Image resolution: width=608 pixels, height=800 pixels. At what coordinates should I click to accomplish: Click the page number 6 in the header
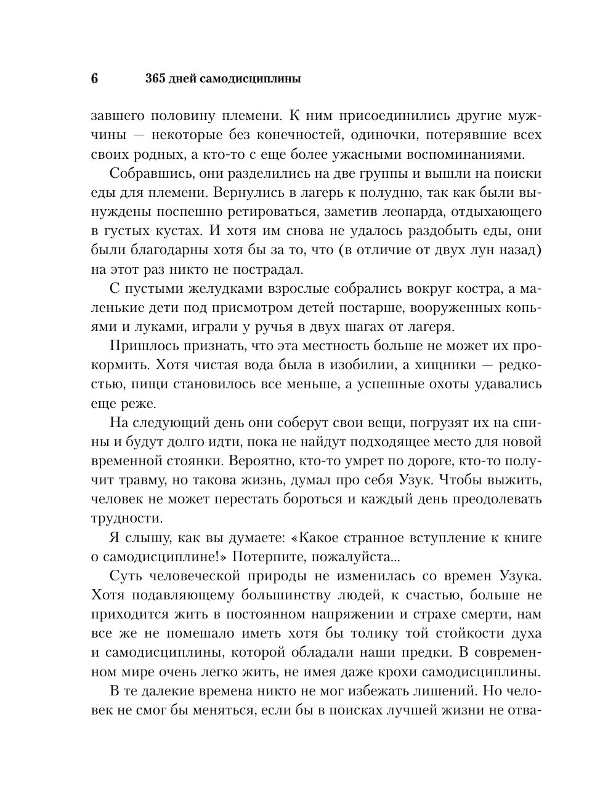click(94, 79)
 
